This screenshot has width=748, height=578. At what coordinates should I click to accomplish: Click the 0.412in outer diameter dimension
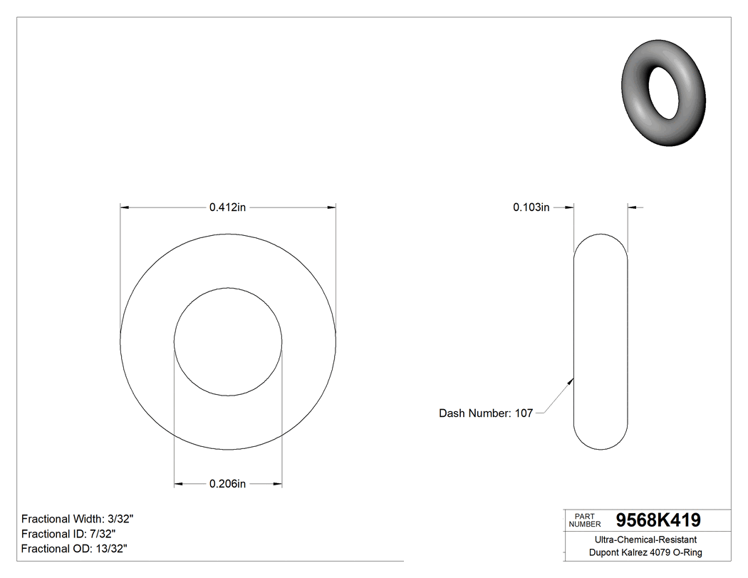point(227,207)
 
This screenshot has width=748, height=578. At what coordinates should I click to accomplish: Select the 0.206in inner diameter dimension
point(227,484)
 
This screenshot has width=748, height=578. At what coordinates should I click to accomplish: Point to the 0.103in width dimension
point(531,207)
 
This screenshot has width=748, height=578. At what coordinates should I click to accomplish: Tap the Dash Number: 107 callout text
point(485,413)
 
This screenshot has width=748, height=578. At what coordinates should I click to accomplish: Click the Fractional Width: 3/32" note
point(78,519)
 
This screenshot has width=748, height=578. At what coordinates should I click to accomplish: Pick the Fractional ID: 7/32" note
point(68,534)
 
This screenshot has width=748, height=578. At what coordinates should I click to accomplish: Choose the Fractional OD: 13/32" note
point(74,548)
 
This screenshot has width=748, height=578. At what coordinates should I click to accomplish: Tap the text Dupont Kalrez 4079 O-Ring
point(645,552)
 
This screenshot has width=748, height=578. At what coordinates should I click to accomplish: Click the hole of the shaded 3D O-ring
point(663,93)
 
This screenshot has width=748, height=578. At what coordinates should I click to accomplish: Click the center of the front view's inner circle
point(228,342)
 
